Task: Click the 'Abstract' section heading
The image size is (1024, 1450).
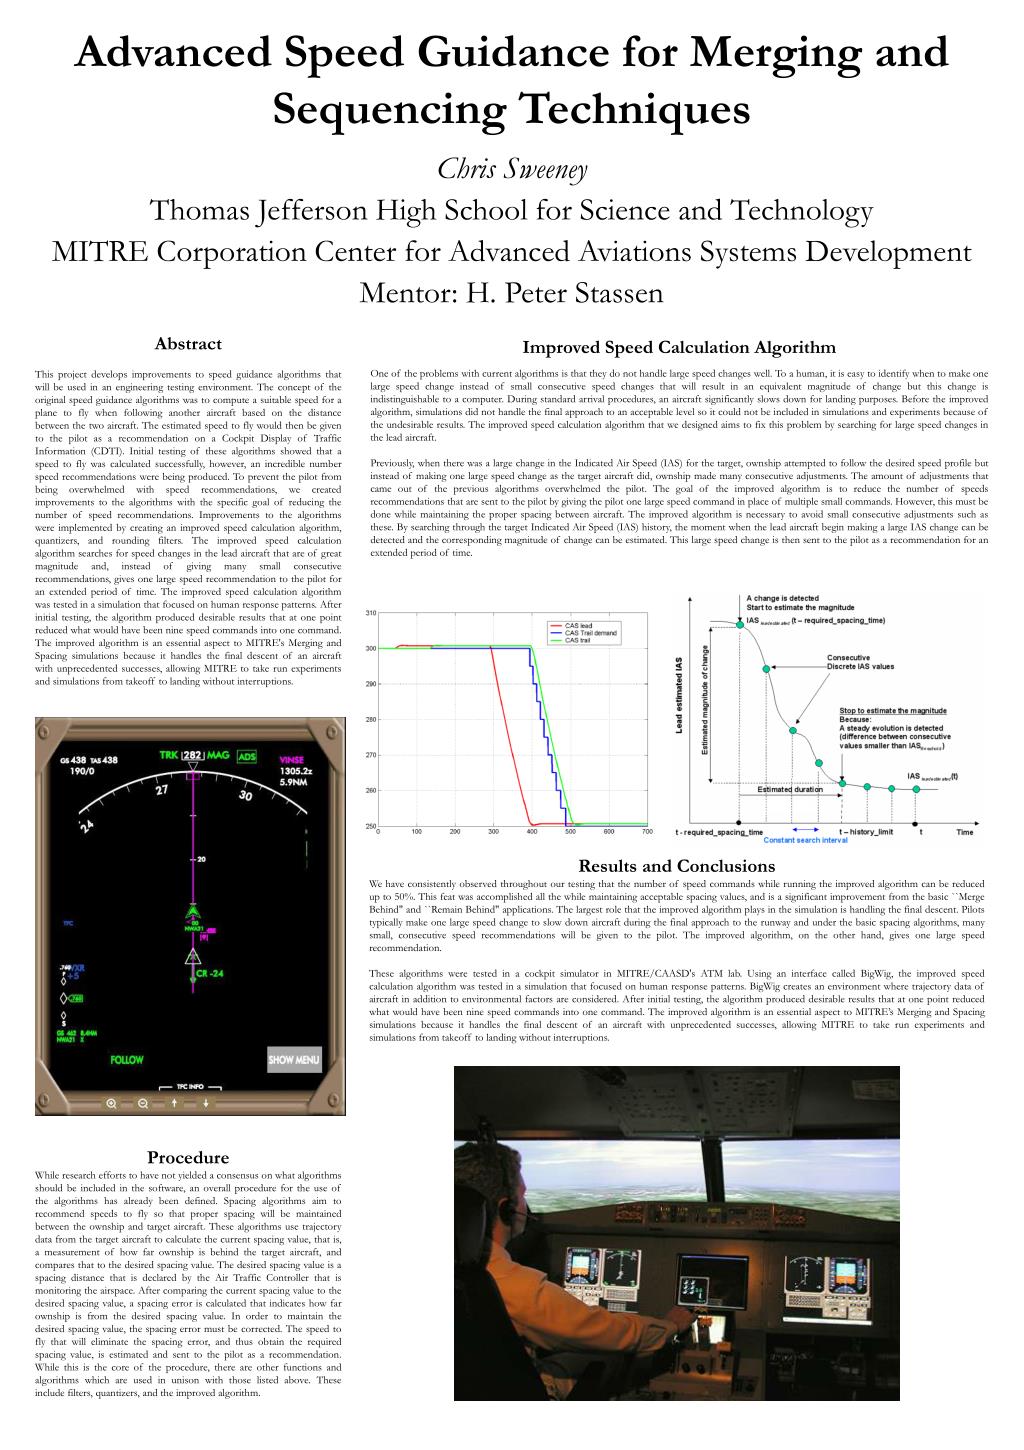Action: (188, 344)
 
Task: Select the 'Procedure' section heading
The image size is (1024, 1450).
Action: (188, 1158)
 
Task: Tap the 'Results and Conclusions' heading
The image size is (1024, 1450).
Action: (676, 866)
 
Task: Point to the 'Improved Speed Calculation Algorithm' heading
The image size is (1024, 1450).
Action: (679, 348)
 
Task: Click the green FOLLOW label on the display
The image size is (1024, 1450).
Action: (127, 1060)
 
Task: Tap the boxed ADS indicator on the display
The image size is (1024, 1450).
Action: (246, 757)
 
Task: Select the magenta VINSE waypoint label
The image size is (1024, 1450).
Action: (291, 760)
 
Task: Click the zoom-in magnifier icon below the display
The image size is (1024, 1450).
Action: (112, 1103)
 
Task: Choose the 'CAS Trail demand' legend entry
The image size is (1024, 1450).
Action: (591, 633)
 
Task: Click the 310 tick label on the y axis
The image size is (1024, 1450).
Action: (370, 613)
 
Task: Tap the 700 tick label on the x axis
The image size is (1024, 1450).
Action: (646, 831)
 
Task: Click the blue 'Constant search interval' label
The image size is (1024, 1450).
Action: (805, 840)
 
